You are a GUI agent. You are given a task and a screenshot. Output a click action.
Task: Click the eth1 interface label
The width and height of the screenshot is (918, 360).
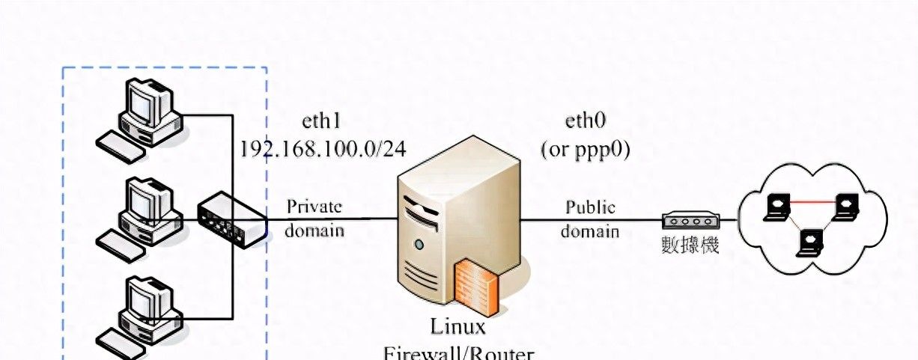coord(321,121)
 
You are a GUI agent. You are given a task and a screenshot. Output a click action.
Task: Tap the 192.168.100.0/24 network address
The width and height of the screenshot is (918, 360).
coord(322,149)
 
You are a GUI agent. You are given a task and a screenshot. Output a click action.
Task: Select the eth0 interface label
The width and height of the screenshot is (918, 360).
coord(585,121)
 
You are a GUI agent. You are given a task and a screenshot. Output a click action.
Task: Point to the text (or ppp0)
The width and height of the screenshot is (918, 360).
coord(585,149)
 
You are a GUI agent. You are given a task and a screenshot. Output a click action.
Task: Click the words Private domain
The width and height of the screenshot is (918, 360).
coord(314,218)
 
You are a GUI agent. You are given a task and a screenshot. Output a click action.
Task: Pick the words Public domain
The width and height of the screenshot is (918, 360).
coord(590,218)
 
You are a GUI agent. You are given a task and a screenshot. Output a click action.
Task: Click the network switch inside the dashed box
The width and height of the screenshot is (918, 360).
coord(231,217)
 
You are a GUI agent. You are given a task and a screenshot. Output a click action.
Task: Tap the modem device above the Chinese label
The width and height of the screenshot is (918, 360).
coord(690,220)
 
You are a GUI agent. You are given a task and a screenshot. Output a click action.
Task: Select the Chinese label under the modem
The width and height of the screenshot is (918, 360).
coord(690,244)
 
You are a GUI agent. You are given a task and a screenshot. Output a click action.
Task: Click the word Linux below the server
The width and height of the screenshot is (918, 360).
coord(458,327)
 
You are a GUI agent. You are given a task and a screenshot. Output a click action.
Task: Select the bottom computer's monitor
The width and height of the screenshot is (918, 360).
coord(148,299)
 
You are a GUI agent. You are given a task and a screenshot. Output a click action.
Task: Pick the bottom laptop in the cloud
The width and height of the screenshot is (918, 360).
coord(809,242)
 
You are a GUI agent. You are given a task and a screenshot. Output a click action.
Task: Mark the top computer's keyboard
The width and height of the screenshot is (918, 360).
coord(121,146)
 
